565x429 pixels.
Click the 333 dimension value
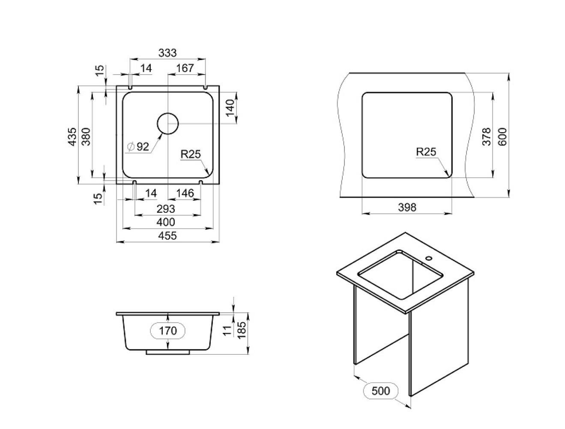tap(167, 53)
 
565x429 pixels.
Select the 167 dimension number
tap(185, 68)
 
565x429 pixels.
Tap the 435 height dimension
tap(73, 137)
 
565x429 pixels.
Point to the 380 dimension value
tap(86, 137)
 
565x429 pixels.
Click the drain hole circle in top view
tap(167, 124)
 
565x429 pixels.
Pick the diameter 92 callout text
tap(138, 147)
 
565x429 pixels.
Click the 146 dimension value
tap(185, 193)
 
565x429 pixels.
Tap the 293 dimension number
tap(166, 209)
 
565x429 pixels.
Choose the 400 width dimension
tap(166, 222)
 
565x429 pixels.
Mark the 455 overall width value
tap(167, 236)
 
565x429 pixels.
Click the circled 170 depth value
tap(168, 330)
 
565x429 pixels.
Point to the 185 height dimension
tap(242, 330)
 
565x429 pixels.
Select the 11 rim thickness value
tap(227, 330)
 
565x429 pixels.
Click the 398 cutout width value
tap(407, 207)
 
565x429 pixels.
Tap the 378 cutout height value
tap(487, 137)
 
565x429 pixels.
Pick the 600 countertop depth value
tap(502, 137)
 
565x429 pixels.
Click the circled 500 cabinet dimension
tap(381, 391)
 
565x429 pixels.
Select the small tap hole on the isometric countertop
tap(429, 258)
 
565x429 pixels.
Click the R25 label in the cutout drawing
tap(426, 152)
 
